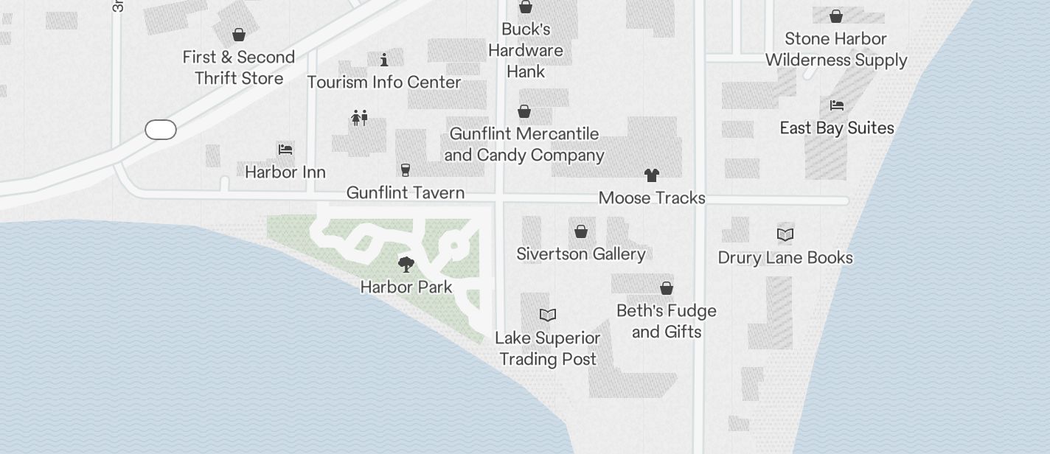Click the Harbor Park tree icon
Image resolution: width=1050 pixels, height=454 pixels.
coord(406,265)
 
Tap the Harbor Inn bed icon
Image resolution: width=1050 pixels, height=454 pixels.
coord(285,150)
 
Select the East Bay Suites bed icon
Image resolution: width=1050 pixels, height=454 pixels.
coord(836,105)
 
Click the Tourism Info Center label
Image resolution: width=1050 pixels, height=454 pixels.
coord(384,82)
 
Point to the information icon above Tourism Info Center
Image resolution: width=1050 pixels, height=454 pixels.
coord(384,60)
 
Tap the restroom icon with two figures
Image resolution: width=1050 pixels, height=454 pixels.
coord(359,117)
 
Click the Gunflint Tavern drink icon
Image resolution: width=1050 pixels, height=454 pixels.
coord(405,170)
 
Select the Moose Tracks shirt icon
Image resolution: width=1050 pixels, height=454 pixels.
coord(651,175)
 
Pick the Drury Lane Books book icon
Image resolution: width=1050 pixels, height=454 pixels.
coord(785,235)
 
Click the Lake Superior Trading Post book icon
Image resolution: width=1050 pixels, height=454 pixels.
coord(547,315)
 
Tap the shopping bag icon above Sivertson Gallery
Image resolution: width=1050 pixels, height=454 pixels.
coord(581,231)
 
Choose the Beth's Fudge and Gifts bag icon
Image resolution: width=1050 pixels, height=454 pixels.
coord(667,288)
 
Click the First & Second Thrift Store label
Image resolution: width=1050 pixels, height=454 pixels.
coord(239,68)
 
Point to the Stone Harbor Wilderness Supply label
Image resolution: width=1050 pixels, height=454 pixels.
coord(836,49)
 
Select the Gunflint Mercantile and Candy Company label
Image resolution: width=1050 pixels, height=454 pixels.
coord(524,144)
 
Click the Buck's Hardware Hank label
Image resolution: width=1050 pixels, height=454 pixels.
coord(526,50)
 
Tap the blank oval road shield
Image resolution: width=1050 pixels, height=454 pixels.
coord(161,130)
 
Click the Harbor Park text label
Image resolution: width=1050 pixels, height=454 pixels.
coord(406,287)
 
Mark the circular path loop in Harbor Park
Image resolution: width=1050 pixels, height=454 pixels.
coord(453,246)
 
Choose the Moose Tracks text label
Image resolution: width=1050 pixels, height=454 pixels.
coord(652,198)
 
